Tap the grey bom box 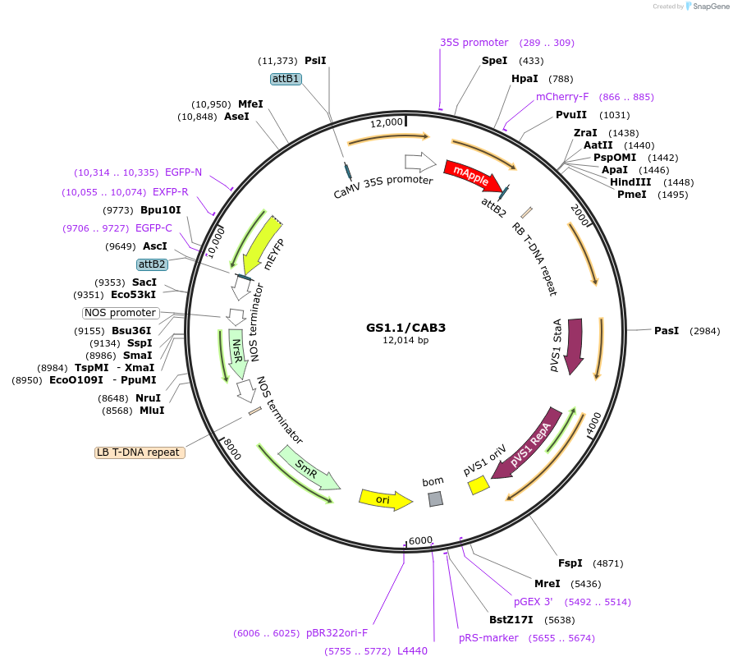tap(436, 498)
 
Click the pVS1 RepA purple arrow tap(533, 442)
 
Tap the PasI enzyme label tap(666, 330)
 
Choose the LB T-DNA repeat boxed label tap(140, 452)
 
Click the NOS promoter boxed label tap(120, 313)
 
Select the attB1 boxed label tap(286, 79)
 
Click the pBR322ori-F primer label tap(337, 633)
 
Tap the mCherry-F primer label tap(562, 97)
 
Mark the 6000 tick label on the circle tap(420, 540)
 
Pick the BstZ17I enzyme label tap(511, 620)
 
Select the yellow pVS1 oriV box tap(478, 486)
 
